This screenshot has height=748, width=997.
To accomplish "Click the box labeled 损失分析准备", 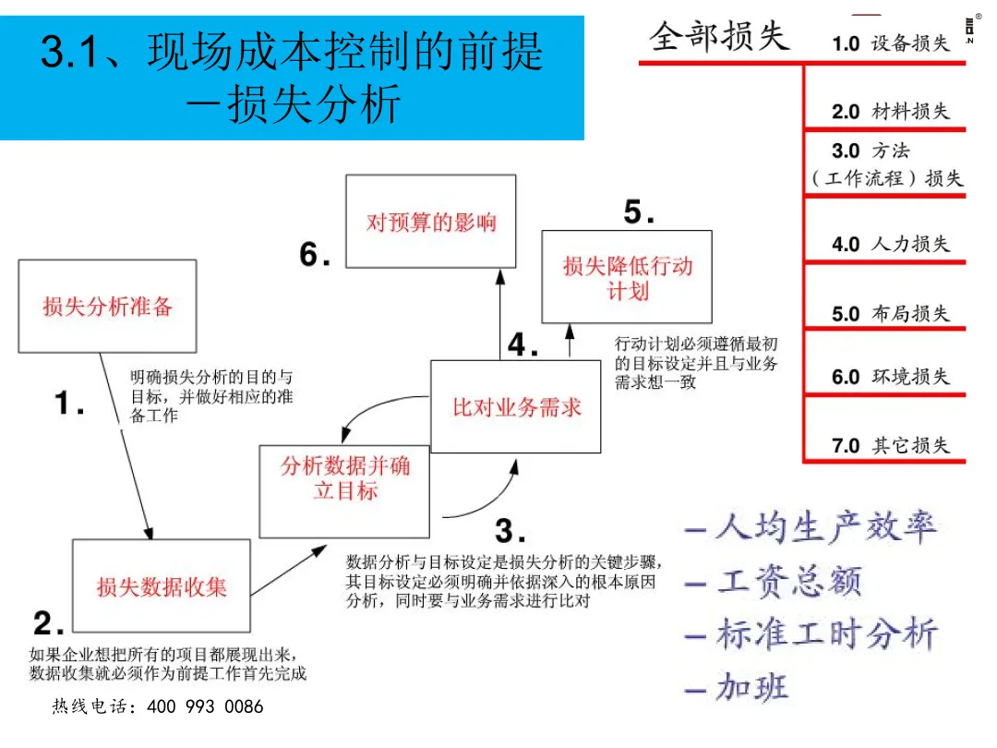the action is [108, 306].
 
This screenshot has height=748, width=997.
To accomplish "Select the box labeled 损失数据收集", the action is [162, 585].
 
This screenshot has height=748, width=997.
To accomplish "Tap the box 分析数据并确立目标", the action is [344, 477].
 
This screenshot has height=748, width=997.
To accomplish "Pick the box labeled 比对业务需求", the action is [516, 407].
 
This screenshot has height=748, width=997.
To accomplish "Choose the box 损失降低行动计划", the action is [627, 277].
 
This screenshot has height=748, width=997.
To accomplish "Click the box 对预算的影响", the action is [431, 222].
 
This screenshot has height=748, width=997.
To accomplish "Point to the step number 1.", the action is [68, 403].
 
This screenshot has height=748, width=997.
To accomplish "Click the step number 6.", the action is [315, 254].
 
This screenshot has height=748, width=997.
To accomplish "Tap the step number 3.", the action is [510, 531].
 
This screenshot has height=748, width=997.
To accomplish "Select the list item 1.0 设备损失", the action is [890, 43].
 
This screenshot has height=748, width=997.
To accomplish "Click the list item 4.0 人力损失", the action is [890, 244].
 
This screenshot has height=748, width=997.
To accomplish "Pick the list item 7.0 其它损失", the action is [890, 445].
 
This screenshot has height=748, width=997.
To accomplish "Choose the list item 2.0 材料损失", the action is [890, 111].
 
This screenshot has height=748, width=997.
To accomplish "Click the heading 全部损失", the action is [720, 36].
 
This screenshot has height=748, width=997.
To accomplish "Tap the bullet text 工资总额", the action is [789, 582].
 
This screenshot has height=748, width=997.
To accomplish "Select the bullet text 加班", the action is [751, 687].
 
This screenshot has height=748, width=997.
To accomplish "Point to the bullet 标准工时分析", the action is [826, 634].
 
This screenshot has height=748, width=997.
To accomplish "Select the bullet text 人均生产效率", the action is [826, 528].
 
